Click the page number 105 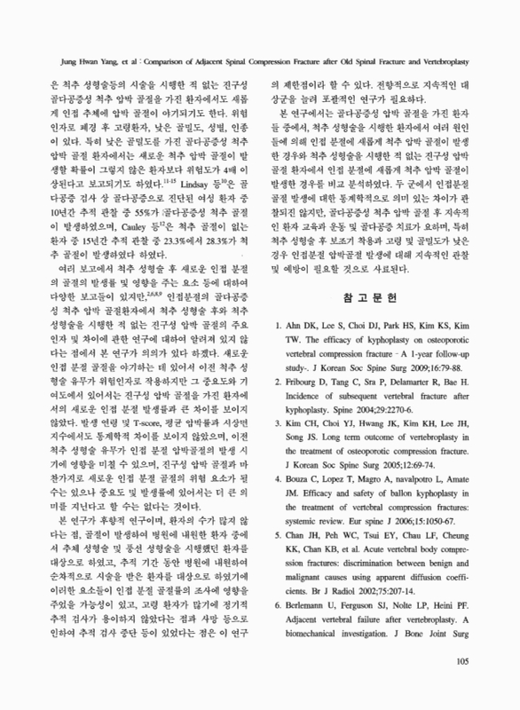pos(461,684)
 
